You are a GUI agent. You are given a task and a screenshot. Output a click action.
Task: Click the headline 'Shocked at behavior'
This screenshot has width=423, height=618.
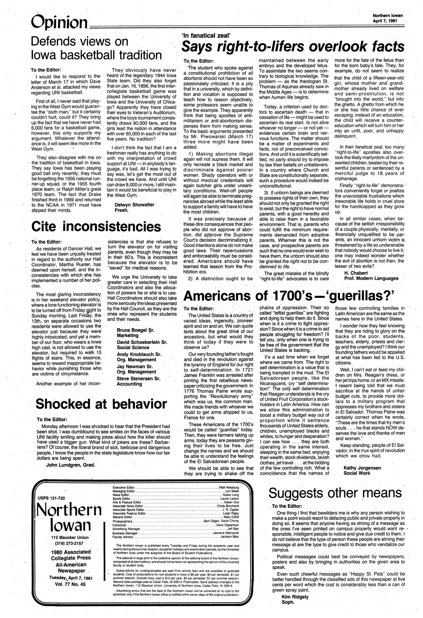click(x=101, y=404)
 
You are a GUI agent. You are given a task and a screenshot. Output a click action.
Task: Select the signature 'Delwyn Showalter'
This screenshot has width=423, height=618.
click(x=134, y=204)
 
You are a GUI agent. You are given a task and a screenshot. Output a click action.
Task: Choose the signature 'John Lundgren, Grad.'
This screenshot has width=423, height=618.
click(x=70, y=465)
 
